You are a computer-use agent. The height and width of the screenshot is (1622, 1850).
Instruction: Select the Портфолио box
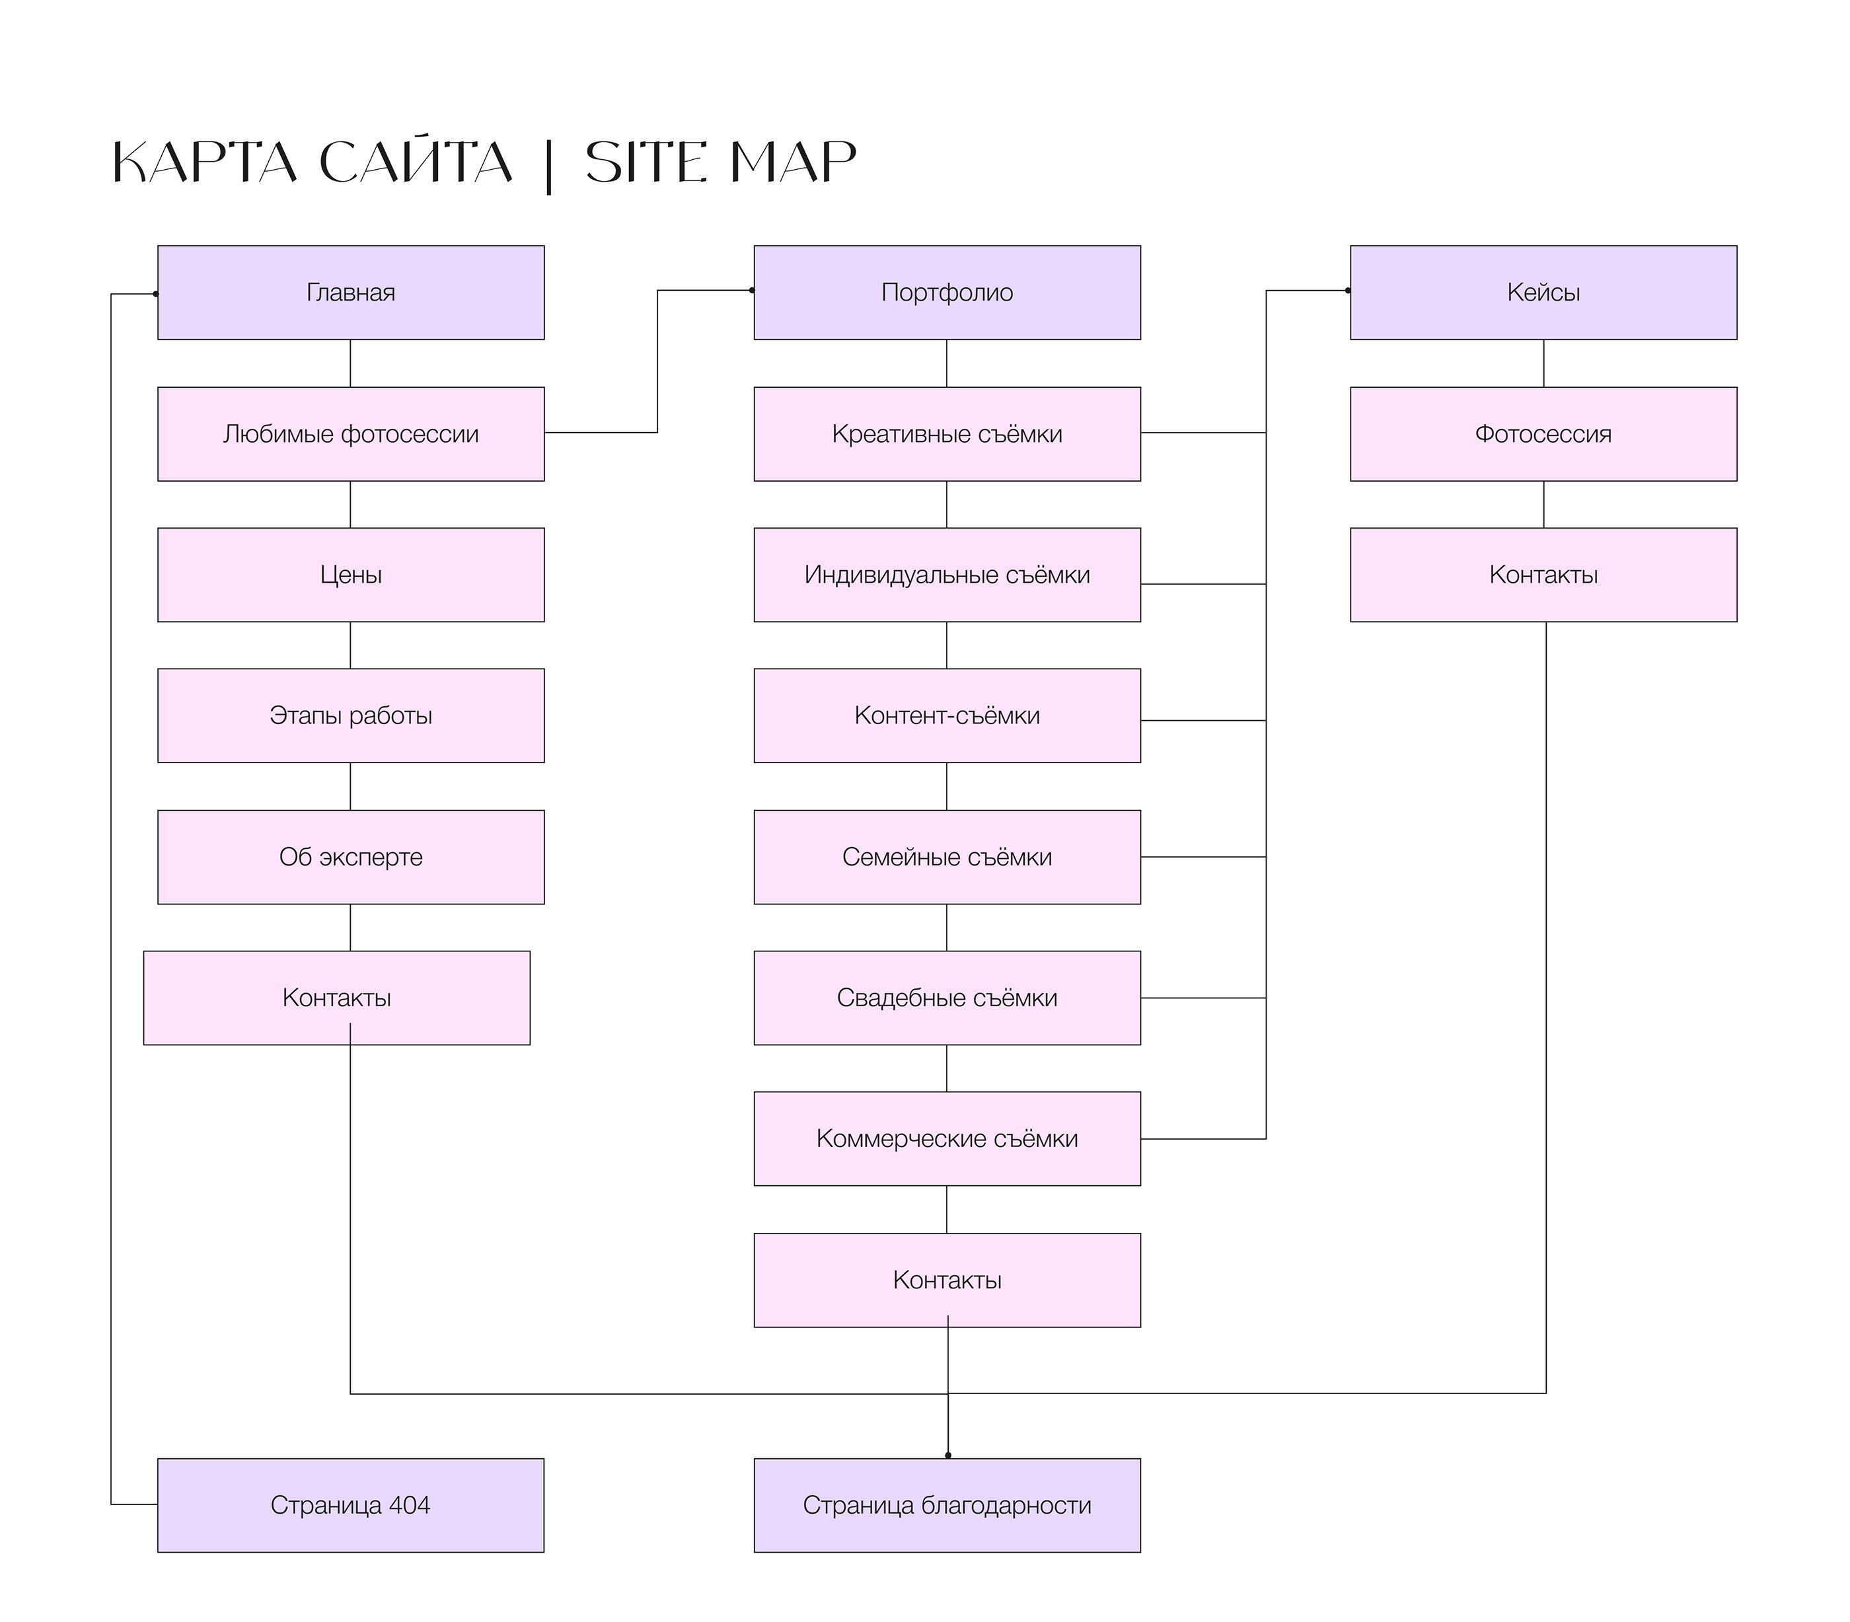(947, 293)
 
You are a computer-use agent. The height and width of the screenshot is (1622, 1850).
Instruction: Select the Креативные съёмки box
(947, 433)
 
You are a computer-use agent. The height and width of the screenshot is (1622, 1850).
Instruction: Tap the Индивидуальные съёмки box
(947, 575)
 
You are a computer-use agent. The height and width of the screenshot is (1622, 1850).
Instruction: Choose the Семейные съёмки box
(947, 856)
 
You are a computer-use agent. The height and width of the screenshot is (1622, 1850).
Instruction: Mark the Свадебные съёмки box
(947, 998)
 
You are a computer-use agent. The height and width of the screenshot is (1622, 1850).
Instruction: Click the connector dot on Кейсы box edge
(1348, 291)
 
